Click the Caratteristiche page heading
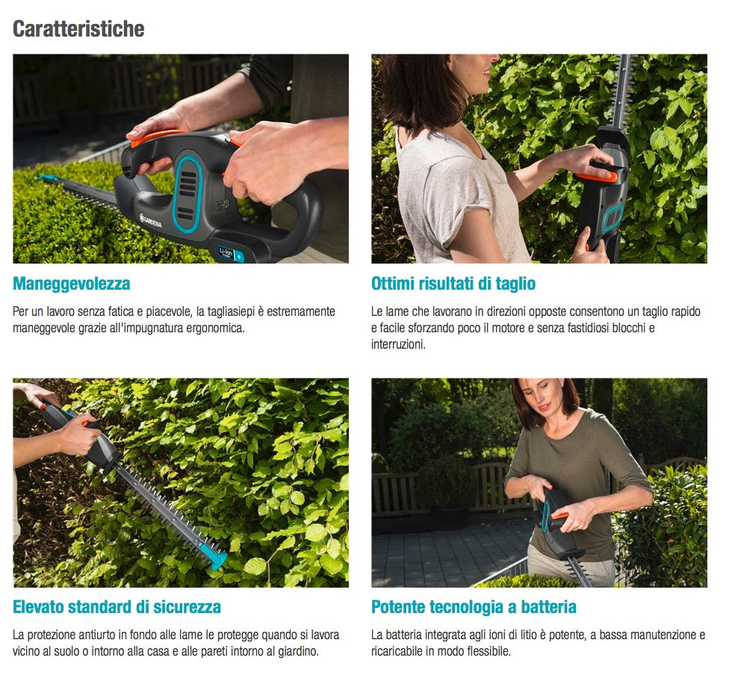pyautogui.click(x=78, y=29)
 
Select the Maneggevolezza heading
pyautogui.click(x=72, y=284)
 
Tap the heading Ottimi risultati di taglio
pyautogui.click(x=453, y=284)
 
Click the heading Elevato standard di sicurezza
pyautogui.click(x=117, y=606)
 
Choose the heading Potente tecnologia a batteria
pyautogui.click(x=474, y=606)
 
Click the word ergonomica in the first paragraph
pyautogui.click(x=217, y=328)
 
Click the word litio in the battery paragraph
pyautogui.click(x=536, y=635)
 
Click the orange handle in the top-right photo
pyautogui.click(x=598, y=173)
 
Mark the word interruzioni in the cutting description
pyautogui.click(x=398, y=344)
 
